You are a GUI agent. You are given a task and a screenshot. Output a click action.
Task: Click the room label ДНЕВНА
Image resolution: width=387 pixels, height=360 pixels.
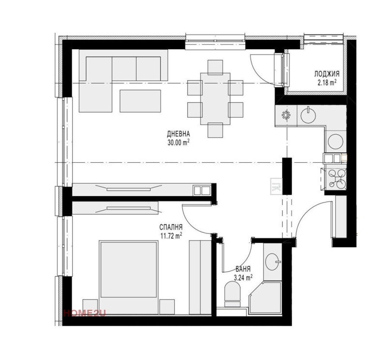(179, 134)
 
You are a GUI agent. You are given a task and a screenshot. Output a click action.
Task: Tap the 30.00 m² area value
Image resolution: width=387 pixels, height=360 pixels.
(179, 143)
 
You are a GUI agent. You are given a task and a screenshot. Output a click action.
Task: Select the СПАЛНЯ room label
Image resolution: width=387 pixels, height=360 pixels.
(171, 227)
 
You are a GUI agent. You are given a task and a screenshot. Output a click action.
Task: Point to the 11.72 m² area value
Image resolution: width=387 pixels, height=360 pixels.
(171, 235)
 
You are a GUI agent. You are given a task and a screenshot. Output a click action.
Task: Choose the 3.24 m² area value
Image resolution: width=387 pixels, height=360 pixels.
(243, 278)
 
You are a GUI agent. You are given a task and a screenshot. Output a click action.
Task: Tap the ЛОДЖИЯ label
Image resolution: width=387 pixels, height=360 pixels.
(327, 74)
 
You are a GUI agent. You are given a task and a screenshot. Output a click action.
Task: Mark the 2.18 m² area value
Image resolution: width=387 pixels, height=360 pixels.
(327, 83)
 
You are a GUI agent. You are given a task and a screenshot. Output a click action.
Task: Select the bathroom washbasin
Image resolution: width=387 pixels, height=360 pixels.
(273, 261)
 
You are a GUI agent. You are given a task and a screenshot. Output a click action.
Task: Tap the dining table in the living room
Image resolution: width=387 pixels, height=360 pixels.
(215, 96)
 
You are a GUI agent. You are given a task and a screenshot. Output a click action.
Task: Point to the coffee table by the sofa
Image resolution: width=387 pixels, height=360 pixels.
(140, 101)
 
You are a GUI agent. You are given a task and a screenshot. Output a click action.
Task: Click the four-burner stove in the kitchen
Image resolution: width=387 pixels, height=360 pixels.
(335, 177)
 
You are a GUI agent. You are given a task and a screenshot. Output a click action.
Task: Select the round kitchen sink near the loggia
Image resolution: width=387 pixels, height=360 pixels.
(308, 115)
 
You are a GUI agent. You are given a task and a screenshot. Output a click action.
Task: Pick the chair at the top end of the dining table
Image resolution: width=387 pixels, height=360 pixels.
(215, 66)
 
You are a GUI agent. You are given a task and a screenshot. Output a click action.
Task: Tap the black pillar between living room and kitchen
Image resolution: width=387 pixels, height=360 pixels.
(287, 176)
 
